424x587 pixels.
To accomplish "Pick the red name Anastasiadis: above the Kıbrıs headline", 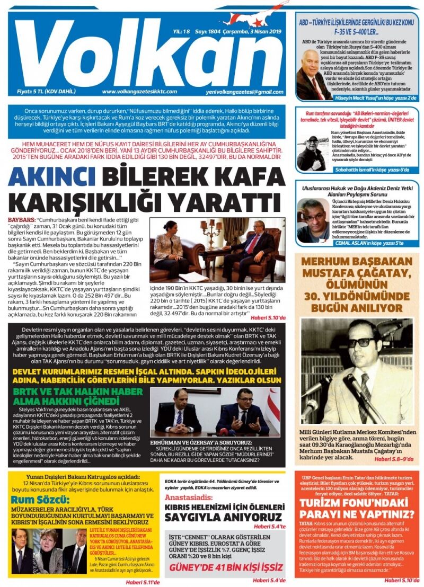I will [x=193, y=498].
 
